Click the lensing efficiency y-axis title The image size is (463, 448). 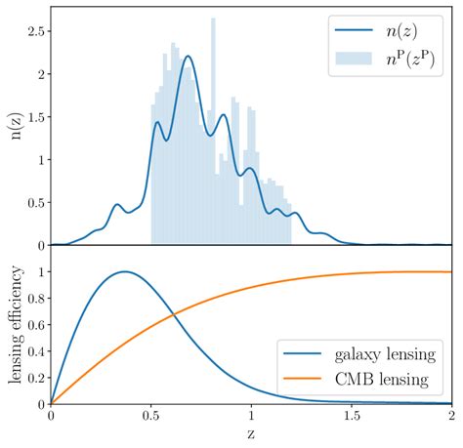tap(15, 325)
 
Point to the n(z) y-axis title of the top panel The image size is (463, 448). tap(15, 127)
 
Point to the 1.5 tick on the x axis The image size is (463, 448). tap(351, 415)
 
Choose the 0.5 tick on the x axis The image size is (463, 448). tap(151, 415)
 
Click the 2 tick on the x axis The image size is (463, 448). tap(450, 415)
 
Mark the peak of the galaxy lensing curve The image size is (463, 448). tap(124, 271)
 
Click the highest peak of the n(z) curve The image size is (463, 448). tap(188, 57)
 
